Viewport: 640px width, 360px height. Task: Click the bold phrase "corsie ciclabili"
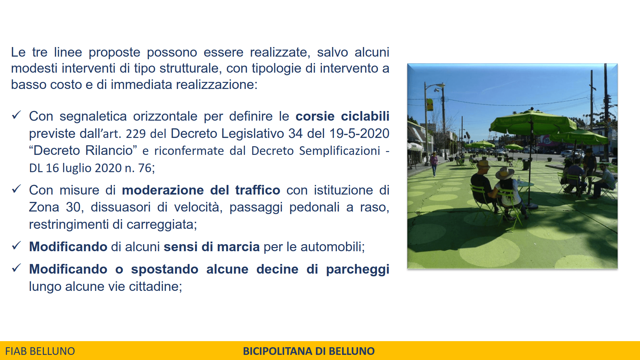click(342, 116)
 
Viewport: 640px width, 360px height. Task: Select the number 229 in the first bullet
click(136, 134)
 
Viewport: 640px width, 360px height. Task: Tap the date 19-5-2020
click(359, 133)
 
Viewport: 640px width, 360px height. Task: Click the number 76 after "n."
click(145, 168)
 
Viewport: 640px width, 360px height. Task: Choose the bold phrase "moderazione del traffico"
click(201, 190)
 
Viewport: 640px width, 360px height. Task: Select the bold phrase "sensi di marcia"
click(212, 247)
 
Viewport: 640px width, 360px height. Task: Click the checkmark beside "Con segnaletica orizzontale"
click(16, 115)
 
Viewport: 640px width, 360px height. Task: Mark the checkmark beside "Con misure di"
click(16, 189)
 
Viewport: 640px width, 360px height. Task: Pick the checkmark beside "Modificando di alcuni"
click(16, 245)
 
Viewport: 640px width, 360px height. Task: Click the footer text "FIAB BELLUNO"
click(40, 351)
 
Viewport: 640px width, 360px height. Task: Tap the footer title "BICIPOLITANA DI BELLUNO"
click(308, 351)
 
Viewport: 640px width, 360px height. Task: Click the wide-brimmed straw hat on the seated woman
click(505, 173)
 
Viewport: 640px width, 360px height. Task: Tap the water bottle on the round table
click(518, 179)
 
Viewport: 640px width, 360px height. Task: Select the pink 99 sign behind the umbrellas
click(547, 140)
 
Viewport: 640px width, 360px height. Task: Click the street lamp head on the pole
click(439, 85)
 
